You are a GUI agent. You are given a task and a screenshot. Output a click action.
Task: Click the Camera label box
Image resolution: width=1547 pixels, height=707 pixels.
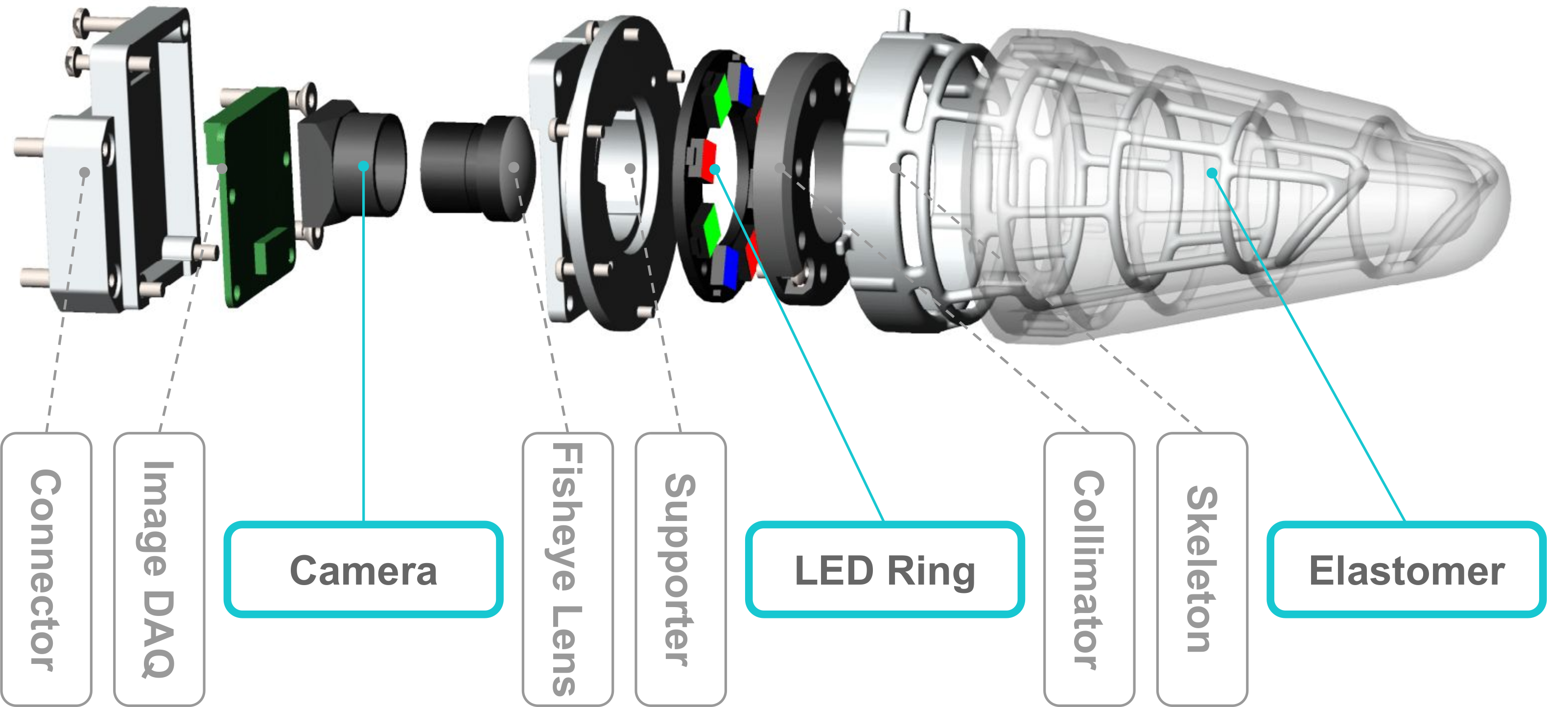click(363, 569)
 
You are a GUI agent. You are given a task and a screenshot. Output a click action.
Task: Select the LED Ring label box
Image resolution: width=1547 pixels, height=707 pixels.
click(885, 569)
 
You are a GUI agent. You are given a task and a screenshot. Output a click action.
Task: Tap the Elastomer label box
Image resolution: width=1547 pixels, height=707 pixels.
click(1406, 569)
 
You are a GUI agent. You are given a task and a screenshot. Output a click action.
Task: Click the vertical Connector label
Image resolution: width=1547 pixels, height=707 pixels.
click(46, 569)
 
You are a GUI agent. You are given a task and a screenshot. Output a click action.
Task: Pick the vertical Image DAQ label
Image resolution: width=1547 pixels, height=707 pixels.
click(159, 569)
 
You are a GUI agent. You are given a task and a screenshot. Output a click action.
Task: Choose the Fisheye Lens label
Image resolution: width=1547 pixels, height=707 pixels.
click(567, 569)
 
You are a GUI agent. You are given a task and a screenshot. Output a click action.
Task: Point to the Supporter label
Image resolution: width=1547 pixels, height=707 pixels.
click(680, 569)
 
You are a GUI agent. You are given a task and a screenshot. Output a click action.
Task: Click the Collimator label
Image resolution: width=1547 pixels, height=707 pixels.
click(1089, 569)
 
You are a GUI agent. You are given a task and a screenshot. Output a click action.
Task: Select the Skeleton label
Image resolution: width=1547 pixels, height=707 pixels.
click(1202, 569)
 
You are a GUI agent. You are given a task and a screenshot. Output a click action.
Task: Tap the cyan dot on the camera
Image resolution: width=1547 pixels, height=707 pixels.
click(363, 166)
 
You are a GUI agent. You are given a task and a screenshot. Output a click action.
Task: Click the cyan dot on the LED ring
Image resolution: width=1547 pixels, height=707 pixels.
click(715, 170)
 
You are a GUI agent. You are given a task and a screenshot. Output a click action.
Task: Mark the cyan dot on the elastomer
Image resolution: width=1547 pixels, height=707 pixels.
click(1212, 173)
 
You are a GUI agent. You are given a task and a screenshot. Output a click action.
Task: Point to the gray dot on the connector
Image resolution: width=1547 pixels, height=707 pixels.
click(85, 172)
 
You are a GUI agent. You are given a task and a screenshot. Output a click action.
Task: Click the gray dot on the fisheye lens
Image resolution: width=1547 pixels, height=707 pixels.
click(514, 167)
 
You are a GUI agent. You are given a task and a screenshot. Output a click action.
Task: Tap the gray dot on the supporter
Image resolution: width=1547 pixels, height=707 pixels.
click(630, 169)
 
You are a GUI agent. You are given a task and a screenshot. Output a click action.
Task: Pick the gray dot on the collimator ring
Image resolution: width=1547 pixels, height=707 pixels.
click(779, 168)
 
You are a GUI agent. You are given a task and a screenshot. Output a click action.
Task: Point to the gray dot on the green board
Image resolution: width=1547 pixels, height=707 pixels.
click(222, 169)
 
